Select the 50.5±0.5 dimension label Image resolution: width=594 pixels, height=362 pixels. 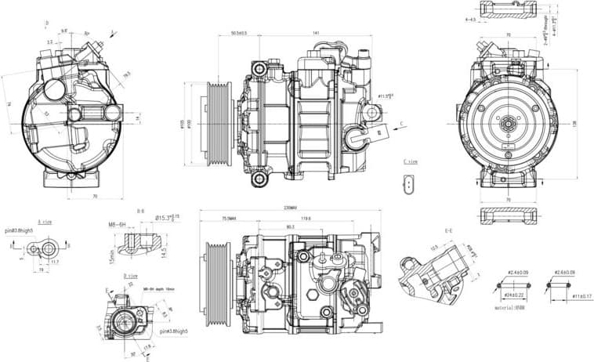(x=239, y=33)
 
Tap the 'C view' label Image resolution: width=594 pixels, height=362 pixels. (x=410, y=161)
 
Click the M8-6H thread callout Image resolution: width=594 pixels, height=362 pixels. (x=118, y=224)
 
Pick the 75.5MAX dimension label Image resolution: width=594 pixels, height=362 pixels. (x=230, y=218)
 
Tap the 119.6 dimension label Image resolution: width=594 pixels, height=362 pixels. (x=306, y=218)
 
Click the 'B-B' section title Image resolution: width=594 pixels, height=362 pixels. (x=141, y=211)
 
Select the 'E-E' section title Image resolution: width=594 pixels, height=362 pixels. (x=448, y=230)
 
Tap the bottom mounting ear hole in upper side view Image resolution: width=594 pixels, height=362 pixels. (x=259, y=179)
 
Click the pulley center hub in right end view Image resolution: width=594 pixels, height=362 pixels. (x=508, y=123)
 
